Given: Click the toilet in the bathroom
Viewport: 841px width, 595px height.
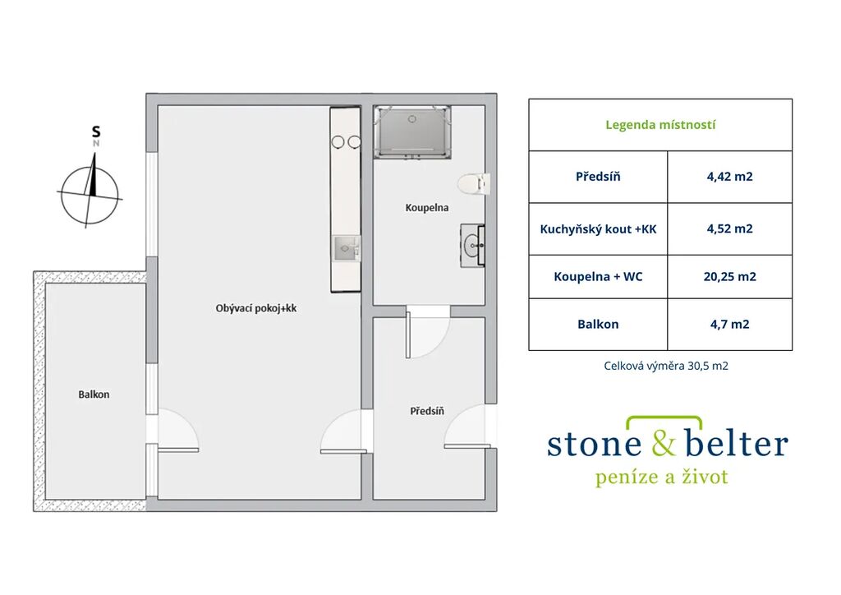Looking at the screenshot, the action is [474, 183].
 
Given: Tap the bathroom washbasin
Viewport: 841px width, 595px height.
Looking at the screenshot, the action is [472, 245].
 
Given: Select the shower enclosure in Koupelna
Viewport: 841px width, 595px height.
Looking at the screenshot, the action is [412, 132].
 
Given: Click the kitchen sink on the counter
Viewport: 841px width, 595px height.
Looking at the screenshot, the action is [346, 248].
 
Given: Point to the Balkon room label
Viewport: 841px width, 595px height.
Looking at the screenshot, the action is [94, 394].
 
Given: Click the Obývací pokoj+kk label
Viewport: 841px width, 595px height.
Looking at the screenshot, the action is [256, 308].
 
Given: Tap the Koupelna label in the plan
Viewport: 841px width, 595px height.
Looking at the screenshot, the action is [427, 208].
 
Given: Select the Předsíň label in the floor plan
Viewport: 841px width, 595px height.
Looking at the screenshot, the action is [427, 411].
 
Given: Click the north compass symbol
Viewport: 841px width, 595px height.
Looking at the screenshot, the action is [90, 191].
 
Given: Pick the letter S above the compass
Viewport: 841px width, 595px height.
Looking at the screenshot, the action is [96, 131].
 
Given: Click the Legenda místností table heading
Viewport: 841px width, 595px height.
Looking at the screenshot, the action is [660, 125].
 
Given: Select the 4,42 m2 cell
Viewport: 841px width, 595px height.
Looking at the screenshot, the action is [729, 177].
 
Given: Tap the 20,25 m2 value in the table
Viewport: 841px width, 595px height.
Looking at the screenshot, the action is [729, 276].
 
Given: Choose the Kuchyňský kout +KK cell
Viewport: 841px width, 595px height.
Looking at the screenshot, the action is [598, 229].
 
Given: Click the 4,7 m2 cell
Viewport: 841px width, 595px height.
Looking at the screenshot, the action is [729, 324].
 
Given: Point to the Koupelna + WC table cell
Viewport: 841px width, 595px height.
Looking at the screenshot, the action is [598, 277].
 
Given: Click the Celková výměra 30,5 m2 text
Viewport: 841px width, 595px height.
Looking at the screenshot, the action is [665, 366].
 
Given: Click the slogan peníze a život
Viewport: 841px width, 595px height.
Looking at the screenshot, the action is [662, 477].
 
